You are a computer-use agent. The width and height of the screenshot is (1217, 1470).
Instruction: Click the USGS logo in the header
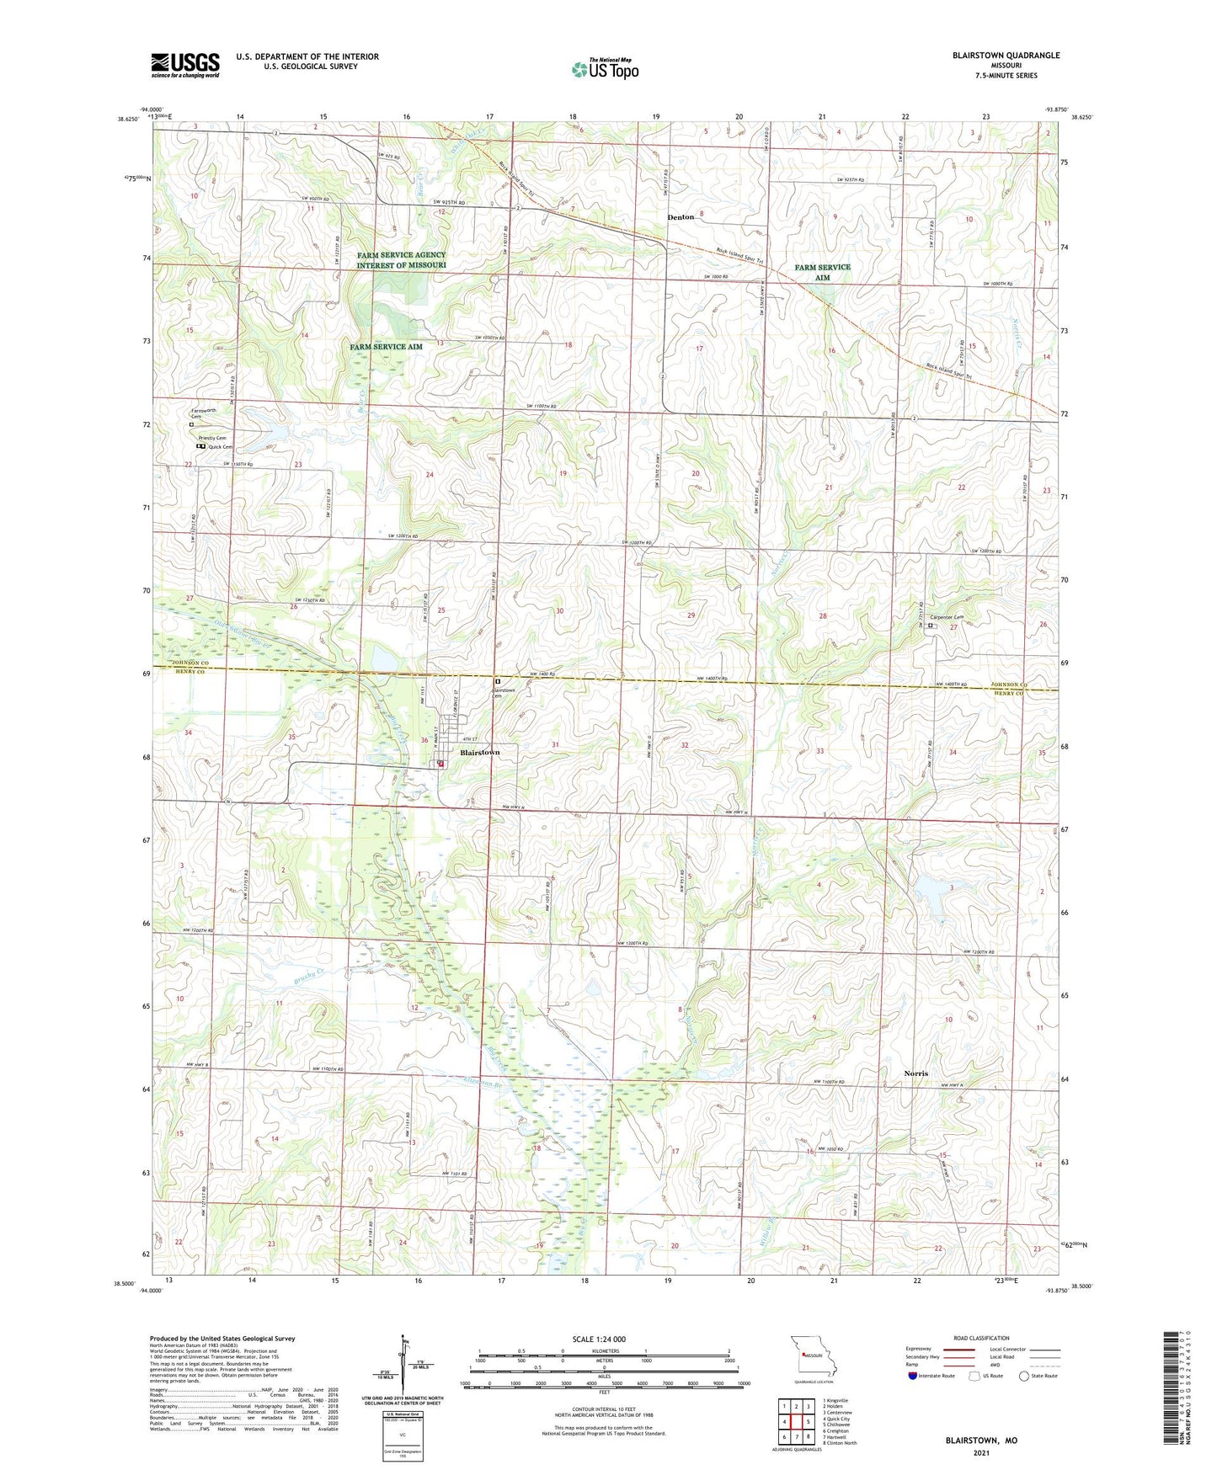pos(185,65)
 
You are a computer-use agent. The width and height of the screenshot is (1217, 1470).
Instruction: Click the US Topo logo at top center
pos(605,68)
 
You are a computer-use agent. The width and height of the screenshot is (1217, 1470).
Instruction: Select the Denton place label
pos(681,217)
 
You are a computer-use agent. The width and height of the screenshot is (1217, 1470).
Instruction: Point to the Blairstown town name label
pos(479,752)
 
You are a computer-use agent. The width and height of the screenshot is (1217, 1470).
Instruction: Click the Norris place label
pos(915,1073)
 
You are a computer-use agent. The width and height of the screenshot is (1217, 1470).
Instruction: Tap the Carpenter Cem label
pos(946,618)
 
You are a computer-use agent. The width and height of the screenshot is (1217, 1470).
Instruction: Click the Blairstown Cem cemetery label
pos(504,691)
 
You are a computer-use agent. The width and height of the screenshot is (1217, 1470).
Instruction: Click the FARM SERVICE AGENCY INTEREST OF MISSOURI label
pos(401,259)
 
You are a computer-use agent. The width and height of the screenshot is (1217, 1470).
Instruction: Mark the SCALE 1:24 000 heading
pos(599,1339)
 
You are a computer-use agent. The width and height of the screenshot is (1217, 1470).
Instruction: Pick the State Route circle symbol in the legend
pos(1023,1376)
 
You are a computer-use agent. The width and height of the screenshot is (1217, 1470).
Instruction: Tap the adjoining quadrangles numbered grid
pos(795,1421)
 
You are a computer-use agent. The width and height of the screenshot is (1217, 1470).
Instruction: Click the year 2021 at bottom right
pos(981,1452)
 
